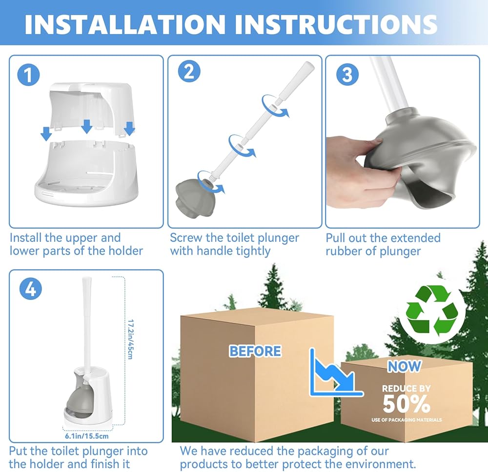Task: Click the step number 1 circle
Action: tap(29, 75)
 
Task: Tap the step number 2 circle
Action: tap(189, 72)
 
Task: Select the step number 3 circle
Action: tap(347, 75)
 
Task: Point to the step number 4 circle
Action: tap(30, 289)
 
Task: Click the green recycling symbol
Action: tap(432, 311)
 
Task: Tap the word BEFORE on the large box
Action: tap(255, 351)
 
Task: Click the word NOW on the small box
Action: tap(404, 366)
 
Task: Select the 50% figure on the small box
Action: tap(407, 404)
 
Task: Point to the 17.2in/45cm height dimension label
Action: tap(130, 339)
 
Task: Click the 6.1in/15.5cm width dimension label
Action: tap(87, 436)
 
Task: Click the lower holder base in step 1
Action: tap(86, 173)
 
